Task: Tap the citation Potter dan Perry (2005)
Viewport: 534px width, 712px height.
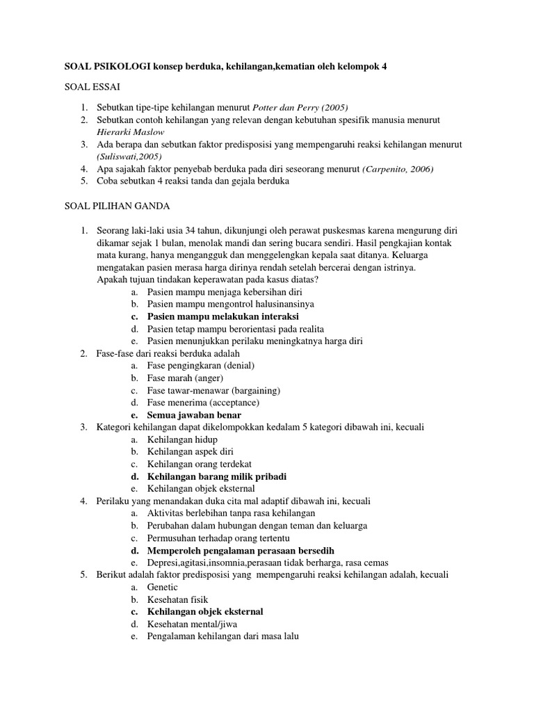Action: [300, 107]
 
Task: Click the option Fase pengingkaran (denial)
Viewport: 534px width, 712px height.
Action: [201, 366]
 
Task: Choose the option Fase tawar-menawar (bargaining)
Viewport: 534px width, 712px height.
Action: [213, 390]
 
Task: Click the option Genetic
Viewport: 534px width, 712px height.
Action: [163, 588]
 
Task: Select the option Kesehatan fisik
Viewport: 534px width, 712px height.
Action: [177, 600]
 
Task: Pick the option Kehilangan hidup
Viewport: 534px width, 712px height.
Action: [182, 440]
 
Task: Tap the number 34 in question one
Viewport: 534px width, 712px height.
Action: [177, 230]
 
